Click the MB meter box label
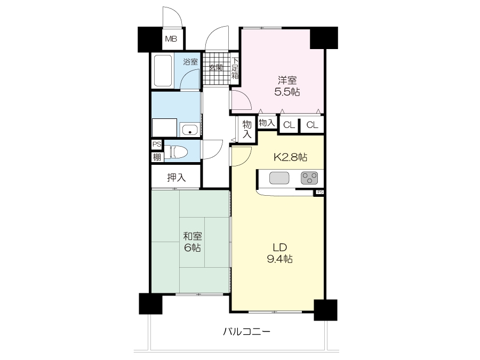coord(171,39)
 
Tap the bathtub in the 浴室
coord(163,70)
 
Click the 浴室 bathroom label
coord(190,61)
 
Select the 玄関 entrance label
coord(216,67)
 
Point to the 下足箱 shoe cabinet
coord(235,69)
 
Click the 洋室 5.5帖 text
coord(287,86)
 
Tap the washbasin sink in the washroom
coord(190,130)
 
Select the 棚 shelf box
coord(157,157)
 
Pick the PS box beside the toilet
coord(157,144)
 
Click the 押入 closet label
coord(177,177)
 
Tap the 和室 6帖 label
coord(192,242)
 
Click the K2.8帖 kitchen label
coord(290,157)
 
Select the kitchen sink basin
coord(279,178)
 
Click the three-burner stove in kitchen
coord(309,178)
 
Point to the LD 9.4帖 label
coord(280,253)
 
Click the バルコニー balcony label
coord(246,332)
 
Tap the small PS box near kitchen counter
coord(320,192)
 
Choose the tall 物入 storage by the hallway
coord(247,129)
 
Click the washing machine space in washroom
coord(164,127)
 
